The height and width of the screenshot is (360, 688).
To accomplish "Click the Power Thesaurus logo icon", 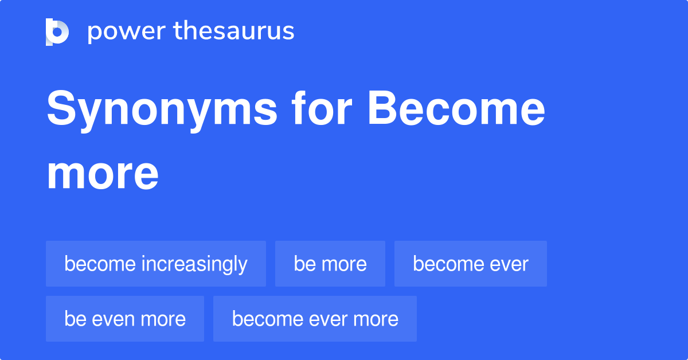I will (57, 32).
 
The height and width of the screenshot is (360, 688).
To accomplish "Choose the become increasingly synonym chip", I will (156, 264).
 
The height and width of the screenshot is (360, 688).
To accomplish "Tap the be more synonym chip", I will (330, 264).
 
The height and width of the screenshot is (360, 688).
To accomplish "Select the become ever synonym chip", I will (471, 264).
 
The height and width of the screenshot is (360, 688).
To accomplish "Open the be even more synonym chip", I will (125, 319).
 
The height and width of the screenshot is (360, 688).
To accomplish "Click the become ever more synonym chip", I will (315, 319).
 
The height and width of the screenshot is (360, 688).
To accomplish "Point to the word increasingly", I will (194, 264).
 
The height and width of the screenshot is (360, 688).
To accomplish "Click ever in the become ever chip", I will (507, 264).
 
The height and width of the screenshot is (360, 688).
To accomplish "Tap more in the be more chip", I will (343, 264).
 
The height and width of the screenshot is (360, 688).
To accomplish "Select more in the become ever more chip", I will (376, 319).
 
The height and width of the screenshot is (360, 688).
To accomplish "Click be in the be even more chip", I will (75, 319).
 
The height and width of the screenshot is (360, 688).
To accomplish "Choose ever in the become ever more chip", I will (326, 319).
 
